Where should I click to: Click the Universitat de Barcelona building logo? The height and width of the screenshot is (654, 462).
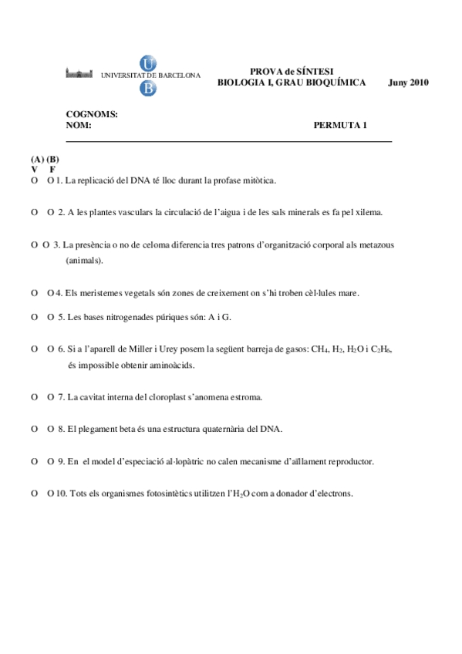tap(82, 74)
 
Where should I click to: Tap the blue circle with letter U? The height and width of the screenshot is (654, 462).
tap(147, 64)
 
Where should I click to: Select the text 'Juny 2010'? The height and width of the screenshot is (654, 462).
tap(408, 83)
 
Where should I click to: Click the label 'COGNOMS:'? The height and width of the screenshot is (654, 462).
tap(92, 114)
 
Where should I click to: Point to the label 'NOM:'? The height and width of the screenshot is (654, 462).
tap(79, 125)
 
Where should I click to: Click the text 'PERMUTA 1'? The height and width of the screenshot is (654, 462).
tap(340, 125)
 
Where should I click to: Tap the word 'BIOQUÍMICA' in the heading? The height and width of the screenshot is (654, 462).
tap(337, 83)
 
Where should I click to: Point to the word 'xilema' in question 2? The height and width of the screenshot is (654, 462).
tap(368, 212)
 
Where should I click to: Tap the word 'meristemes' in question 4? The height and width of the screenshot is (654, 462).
tap(102, 293)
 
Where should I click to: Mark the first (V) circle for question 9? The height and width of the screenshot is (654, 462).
tap(35, 461)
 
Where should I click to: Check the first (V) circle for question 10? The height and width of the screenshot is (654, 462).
tap(35, 494)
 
